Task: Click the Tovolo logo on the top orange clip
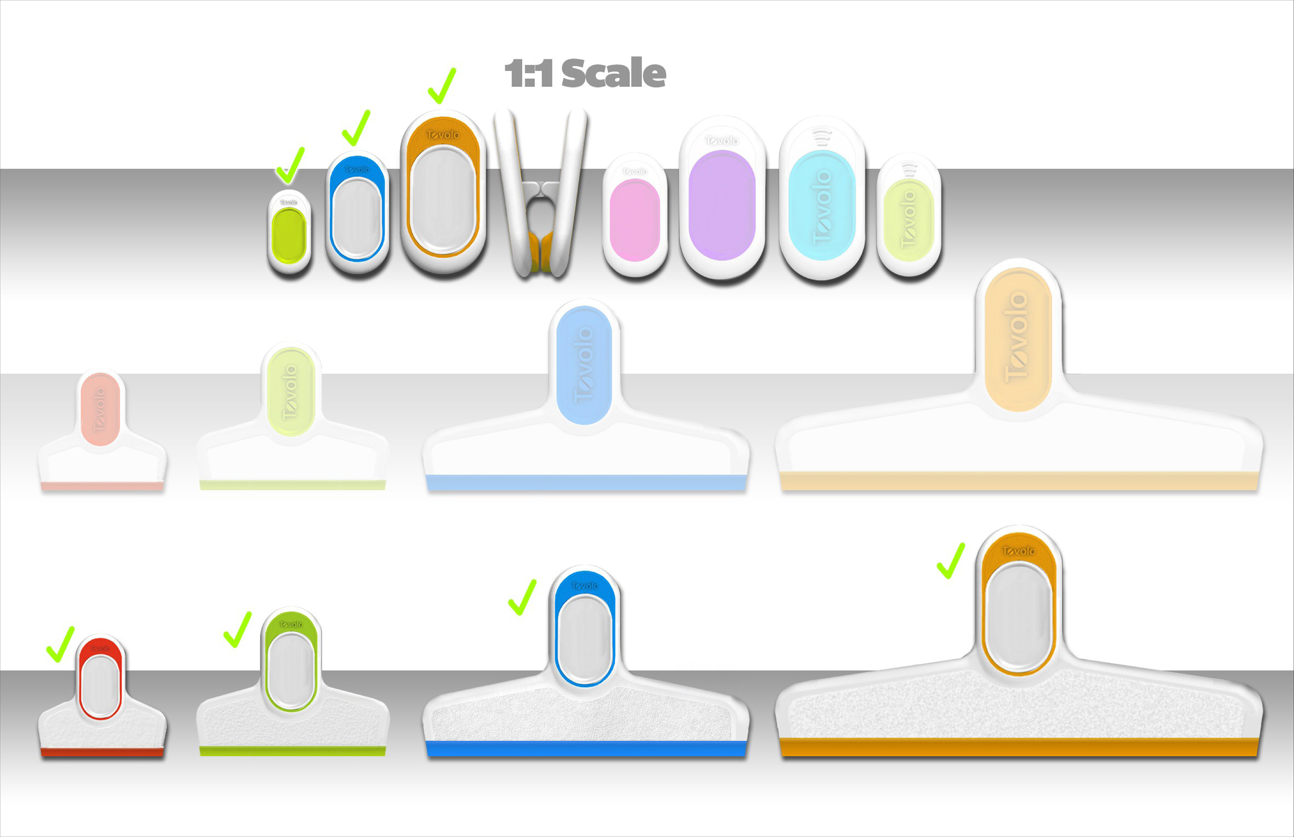pyautogui.click(x=442, y=135)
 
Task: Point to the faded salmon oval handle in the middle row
pyautogui.click(x=100, y=409)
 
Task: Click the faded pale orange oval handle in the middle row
pyautogui.click(x=1017, y=340)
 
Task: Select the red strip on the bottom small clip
pyautogui.click(x=102, y=752)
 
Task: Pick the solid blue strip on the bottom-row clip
pyautogui.click(x=586, y=748)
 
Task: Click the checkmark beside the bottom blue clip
pyautogui.click(x=522, y=597)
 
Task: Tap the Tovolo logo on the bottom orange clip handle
pyautogui.click(x=1019, y=551)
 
